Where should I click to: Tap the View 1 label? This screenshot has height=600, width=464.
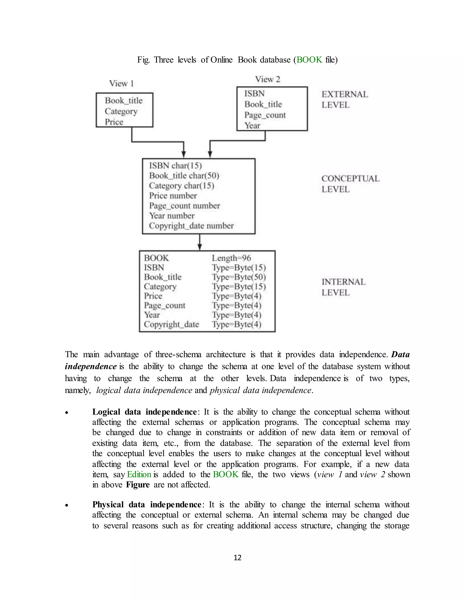(121, 83)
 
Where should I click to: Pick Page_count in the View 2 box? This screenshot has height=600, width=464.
(265, 115)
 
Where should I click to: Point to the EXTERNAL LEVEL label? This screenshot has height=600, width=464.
(344, 99)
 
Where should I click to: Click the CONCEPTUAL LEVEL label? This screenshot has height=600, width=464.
(350, 184)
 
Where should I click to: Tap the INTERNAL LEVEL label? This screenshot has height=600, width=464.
(343, 287)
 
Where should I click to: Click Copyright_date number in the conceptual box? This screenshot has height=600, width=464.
(191, 226)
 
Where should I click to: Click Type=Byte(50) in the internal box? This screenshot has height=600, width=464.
(239, 277)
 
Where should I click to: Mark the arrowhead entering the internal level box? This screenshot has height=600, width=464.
(200, 247)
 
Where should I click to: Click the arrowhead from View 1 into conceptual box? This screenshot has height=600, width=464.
(184, 154)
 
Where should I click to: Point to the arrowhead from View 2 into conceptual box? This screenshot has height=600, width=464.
(210, 154)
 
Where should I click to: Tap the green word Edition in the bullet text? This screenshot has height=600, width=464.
(139, 474)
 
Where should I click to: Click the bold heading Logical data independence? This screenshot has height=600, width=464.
(145, 412)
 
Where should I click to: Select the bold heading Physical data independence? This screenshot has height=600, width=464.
(147, 504)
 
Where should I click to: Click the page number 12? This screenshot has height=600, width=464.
(237, 557)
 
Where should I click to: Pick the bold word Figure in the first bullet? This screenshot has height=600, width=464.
(138, 484)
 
